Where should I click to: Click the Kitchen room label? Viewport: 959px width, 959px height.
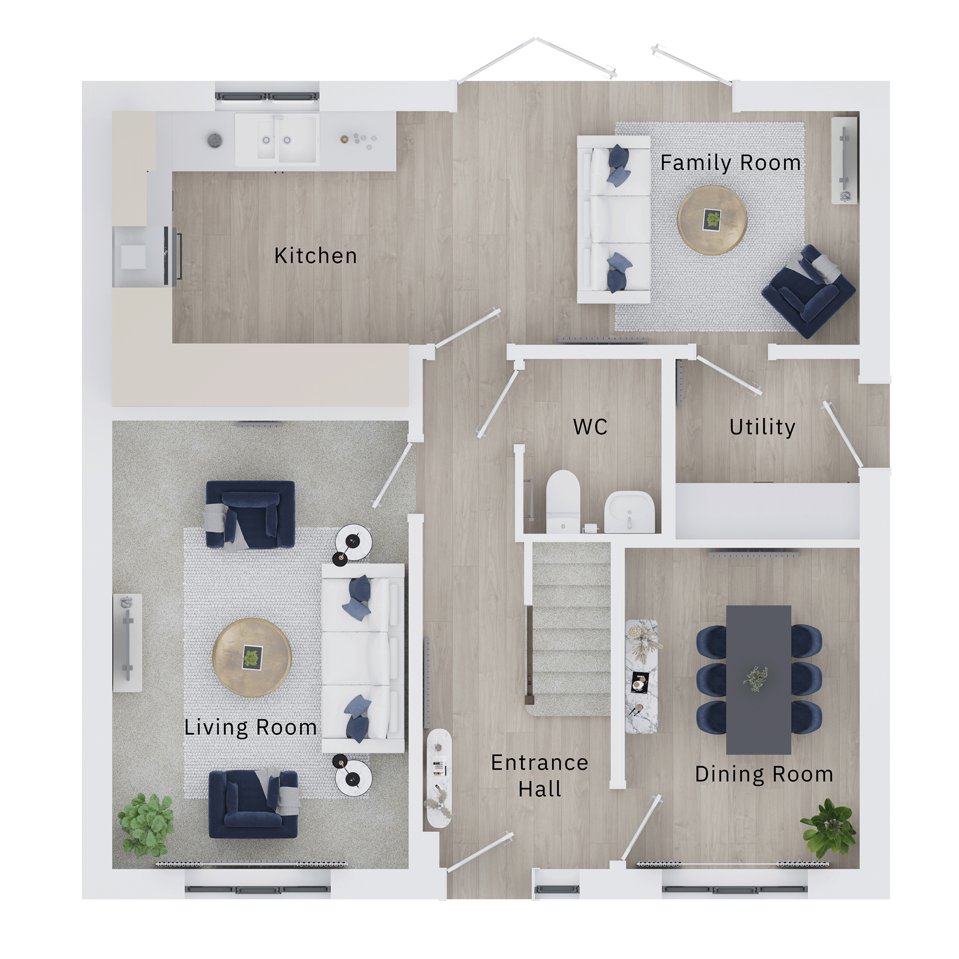[x=316, y=256]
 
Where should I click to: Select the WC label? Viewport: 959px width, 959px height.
[x=590, y=427]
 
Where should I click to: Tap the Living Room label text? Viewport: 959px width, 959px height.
[x=251, y=728]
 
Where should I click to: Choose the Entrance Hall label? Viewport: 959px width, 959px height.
[x=539, y=776]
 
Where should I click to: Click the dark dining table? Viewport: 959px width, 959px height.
[x=759, y=680]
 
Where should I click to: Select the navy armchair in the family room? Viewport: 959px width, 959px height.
[x=808, y=290]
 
